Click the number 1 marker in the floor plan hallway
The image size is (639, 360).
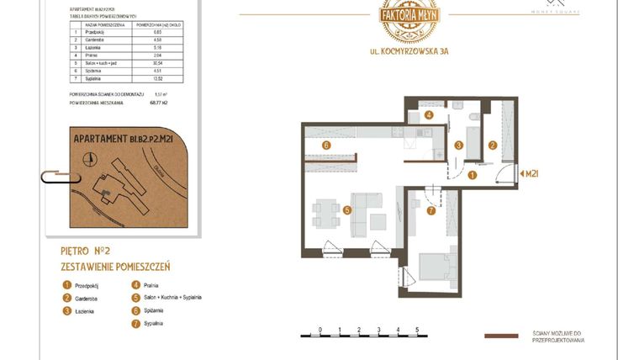tap(473, 175)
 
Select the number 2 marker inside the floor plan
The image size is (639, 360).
tap(494, 145)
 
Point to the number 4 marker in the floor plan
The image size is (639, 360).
tap(428, 115)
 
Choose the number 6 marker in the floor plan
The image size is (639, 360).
tap(325, 145)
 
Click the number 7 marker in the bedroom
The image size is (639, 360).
tap(431, 210)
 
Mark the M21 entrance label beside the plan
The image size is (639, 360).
tap(531, 174)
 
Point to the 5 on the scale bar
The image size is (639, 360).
tap(417, 329)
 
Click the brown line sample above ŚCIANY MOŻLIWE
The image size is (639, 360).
tap(502, 336)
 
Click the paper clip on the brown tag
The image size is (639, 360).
tap(55, 177)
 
